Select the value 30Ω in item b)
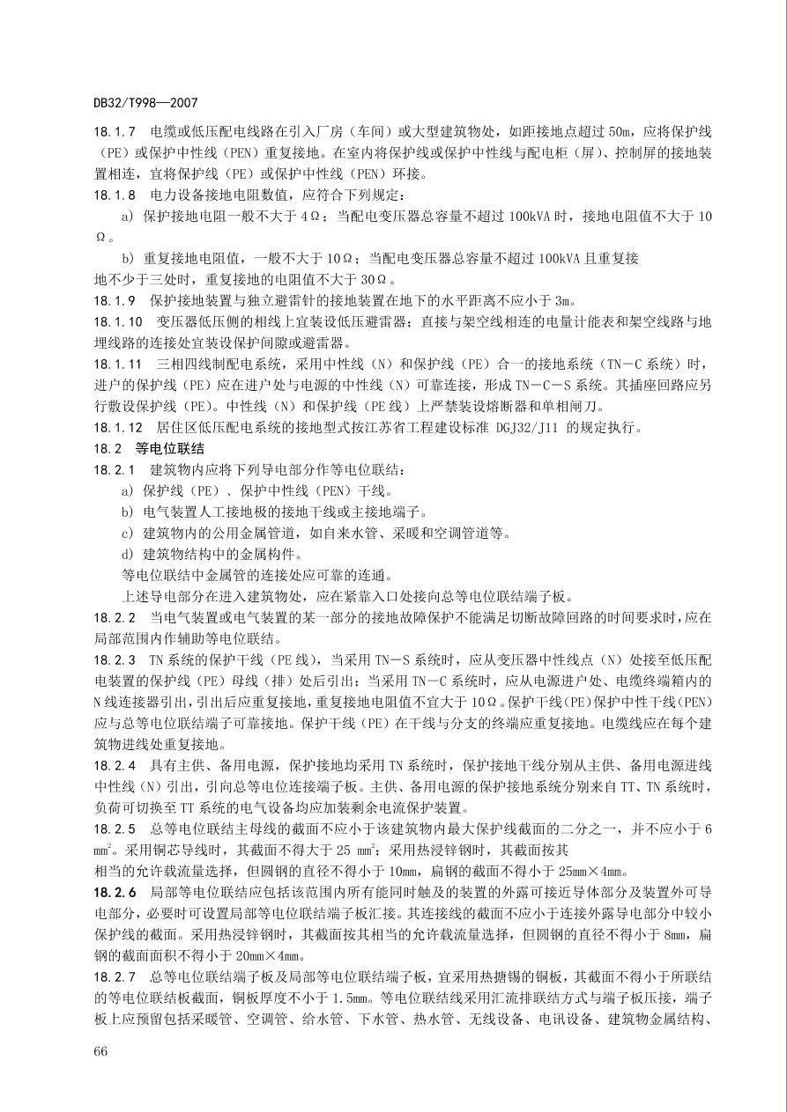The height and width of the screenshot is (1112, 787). point(366,279)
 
